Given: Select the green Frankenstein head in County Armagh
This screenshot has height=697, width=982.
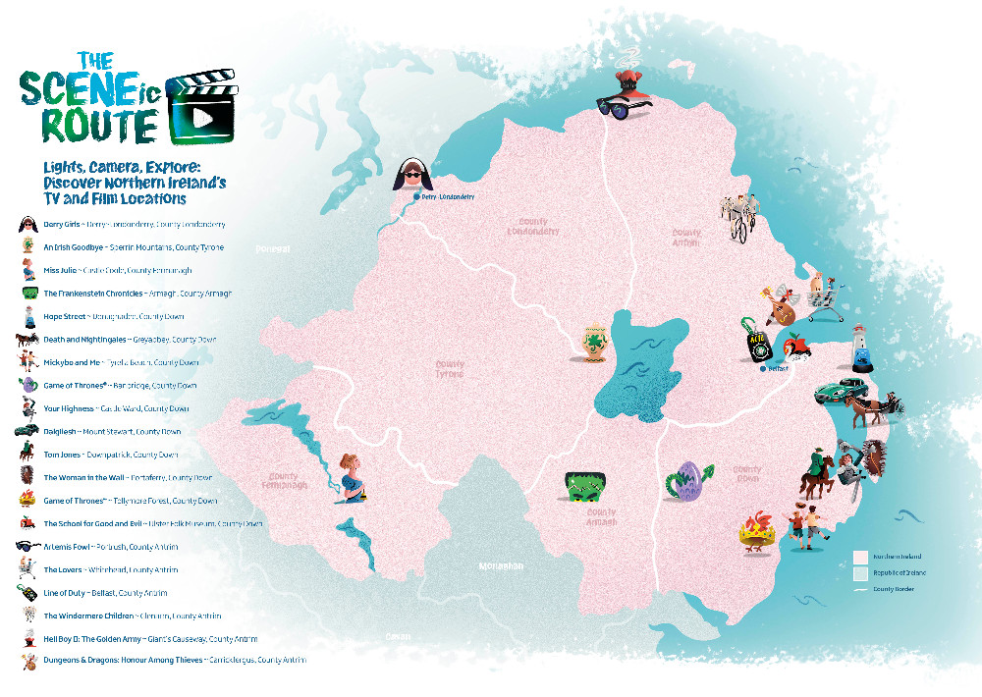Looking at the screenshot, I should [584, 488].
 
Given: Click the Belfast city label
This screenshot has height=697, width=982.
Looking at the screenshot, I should [780, 369].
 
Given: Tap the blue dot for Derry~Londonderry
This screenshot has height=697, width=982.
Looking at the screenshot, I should [416, 197].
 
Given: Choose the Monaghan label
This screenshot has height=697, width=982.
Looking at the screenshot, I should [502, 566].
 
